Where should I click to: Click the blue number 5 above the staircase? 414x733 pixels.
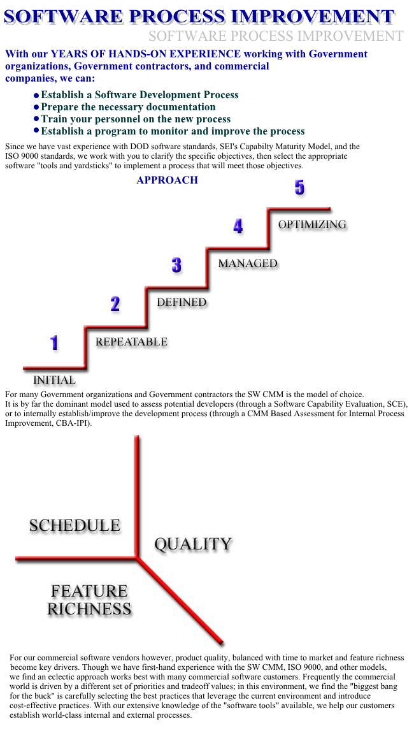(x=299, y=187)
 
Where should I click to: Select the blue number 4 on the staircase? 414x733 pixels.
(x=238, y=226)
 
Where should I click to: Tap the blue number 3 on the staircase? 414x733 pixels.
(x=176, y=265)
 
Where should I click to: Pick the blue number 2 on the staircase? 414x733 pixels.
(x=115, y=304)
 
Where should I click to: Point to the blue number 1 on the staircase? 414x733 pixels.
(x=54, y=343)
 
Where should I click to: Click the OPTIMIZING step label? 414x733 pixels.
(x=312, y=224)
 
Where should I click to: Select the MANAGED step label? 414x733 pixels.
(x=248, y=264)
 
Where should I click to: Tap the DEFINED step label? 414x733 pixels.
(x=182, y=303)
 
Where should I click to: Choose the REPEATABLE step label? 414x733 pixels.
(x=131, y=342)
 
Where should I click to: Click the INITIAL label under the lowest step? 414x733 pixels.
(x=54, y=380)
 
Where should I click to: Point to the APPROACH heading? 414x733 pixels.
(x=168, y=180)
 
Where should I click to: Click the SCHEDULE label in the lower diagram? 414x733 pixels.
(x=75, y=525)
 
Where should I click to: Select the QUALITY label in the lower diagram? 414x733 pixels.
(x=193, y=544)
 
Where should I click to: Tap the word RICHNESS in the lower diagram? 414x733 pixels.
(x=89, y=609)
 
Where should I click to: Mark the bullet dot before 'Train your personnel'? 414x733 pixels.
(x=36, y=119)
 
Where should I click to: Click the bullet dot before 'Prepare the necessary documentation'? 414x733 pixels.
(x=36, y=107)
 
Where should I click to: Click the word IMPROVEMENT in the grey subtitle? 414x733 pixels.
(x=350, y=36)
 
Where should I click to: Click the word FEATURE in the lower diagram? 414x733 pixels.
(x=89, y=591)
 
